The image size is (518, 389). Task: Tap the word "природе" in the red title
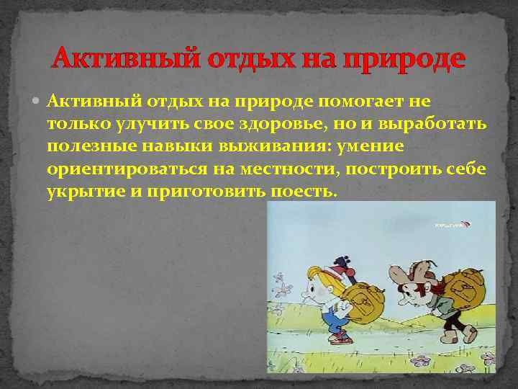pos(407,58)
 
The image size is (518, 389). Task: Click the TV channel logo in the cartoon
pos(449,226)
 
